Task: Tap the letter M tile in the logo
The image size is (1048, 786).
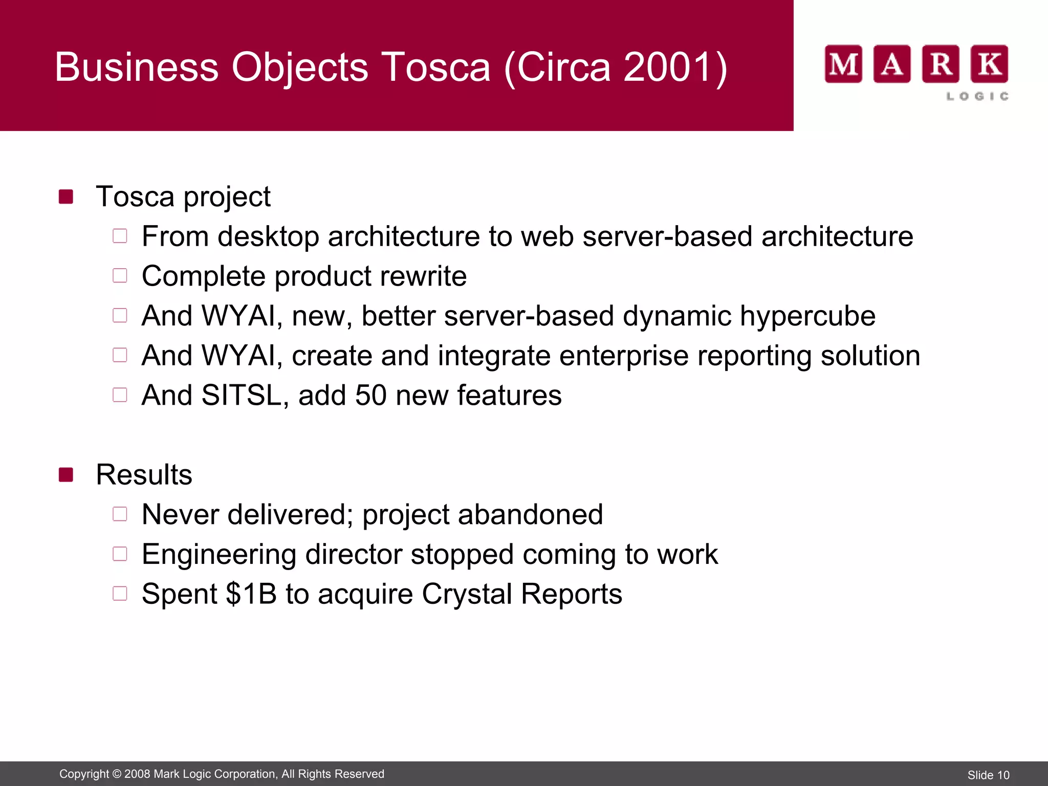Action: tap(843, 64)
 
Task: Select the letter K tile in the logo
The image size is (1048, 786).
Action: tap(990, 64)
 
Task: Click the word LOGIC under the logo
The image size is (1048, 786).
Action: tap(977, 96)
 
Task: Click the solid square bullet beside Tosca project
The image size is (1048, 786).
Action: tap(66, 196)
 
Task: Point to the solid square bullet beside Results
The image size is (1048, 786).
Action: tap(66, 475)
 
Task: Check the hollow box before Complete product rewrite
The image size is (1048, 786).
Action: tap(120, 276)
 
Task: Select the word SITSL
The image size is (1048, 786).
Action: tap(241, 396)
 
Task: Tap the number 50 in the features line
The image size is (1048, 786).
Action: tap(370, 396)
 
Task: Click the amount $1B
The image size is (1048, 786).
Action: tap(251, 594)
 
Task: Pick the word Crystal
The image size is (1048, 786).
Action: tap(467, 594)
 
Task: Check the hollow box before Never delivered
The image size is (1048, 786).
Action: tap(120, 514)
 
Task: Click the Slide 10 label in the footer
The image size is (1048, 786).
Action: tap(988, 775)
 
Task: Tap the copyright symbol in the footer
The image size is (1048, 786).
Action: tap(117, 774)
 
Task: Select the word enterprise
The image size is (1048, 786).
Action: tap(624, 356)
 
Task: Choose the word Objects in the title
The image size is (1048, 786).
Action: tap(300, 67)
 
